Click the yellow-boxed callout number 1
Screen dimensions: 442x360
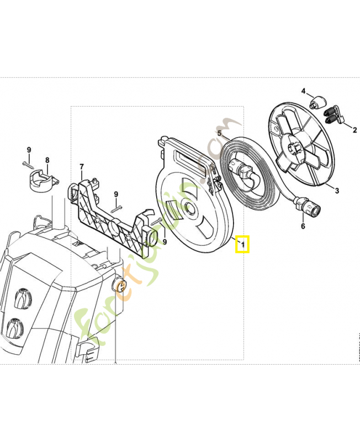point(243,244)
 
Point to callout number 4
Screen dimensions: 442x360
point(303,91)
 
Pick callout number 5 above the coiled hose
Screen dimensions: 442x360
point(219,133)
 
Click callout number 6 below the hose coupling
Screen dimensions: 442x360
point(303,226)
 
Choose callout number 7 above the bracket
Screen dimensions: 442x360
point(81,166)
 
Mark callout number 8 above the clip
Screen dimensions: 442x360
point(47,160)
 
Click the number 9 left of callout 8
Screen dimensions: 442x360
point(29,150)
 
